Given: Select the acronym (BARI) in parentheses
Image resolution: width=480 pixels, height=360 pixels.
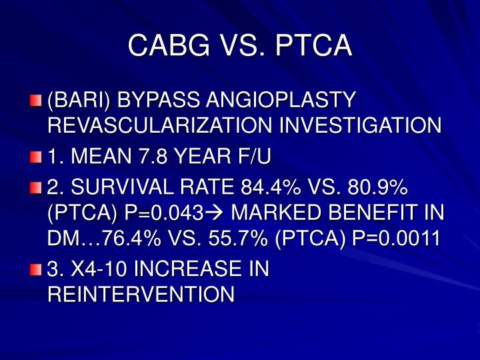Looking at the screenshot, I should [77, 101].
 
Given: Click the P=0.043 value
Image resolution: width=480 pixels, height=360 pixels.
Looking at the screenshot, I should [163, 213].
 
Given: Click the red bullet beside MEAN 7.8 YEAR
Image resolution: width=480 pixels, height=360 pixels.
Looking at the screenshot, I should [35, 157].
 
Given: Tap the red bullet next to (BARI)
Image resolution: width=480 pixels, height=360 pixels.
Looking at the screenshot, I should [35, 101].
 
